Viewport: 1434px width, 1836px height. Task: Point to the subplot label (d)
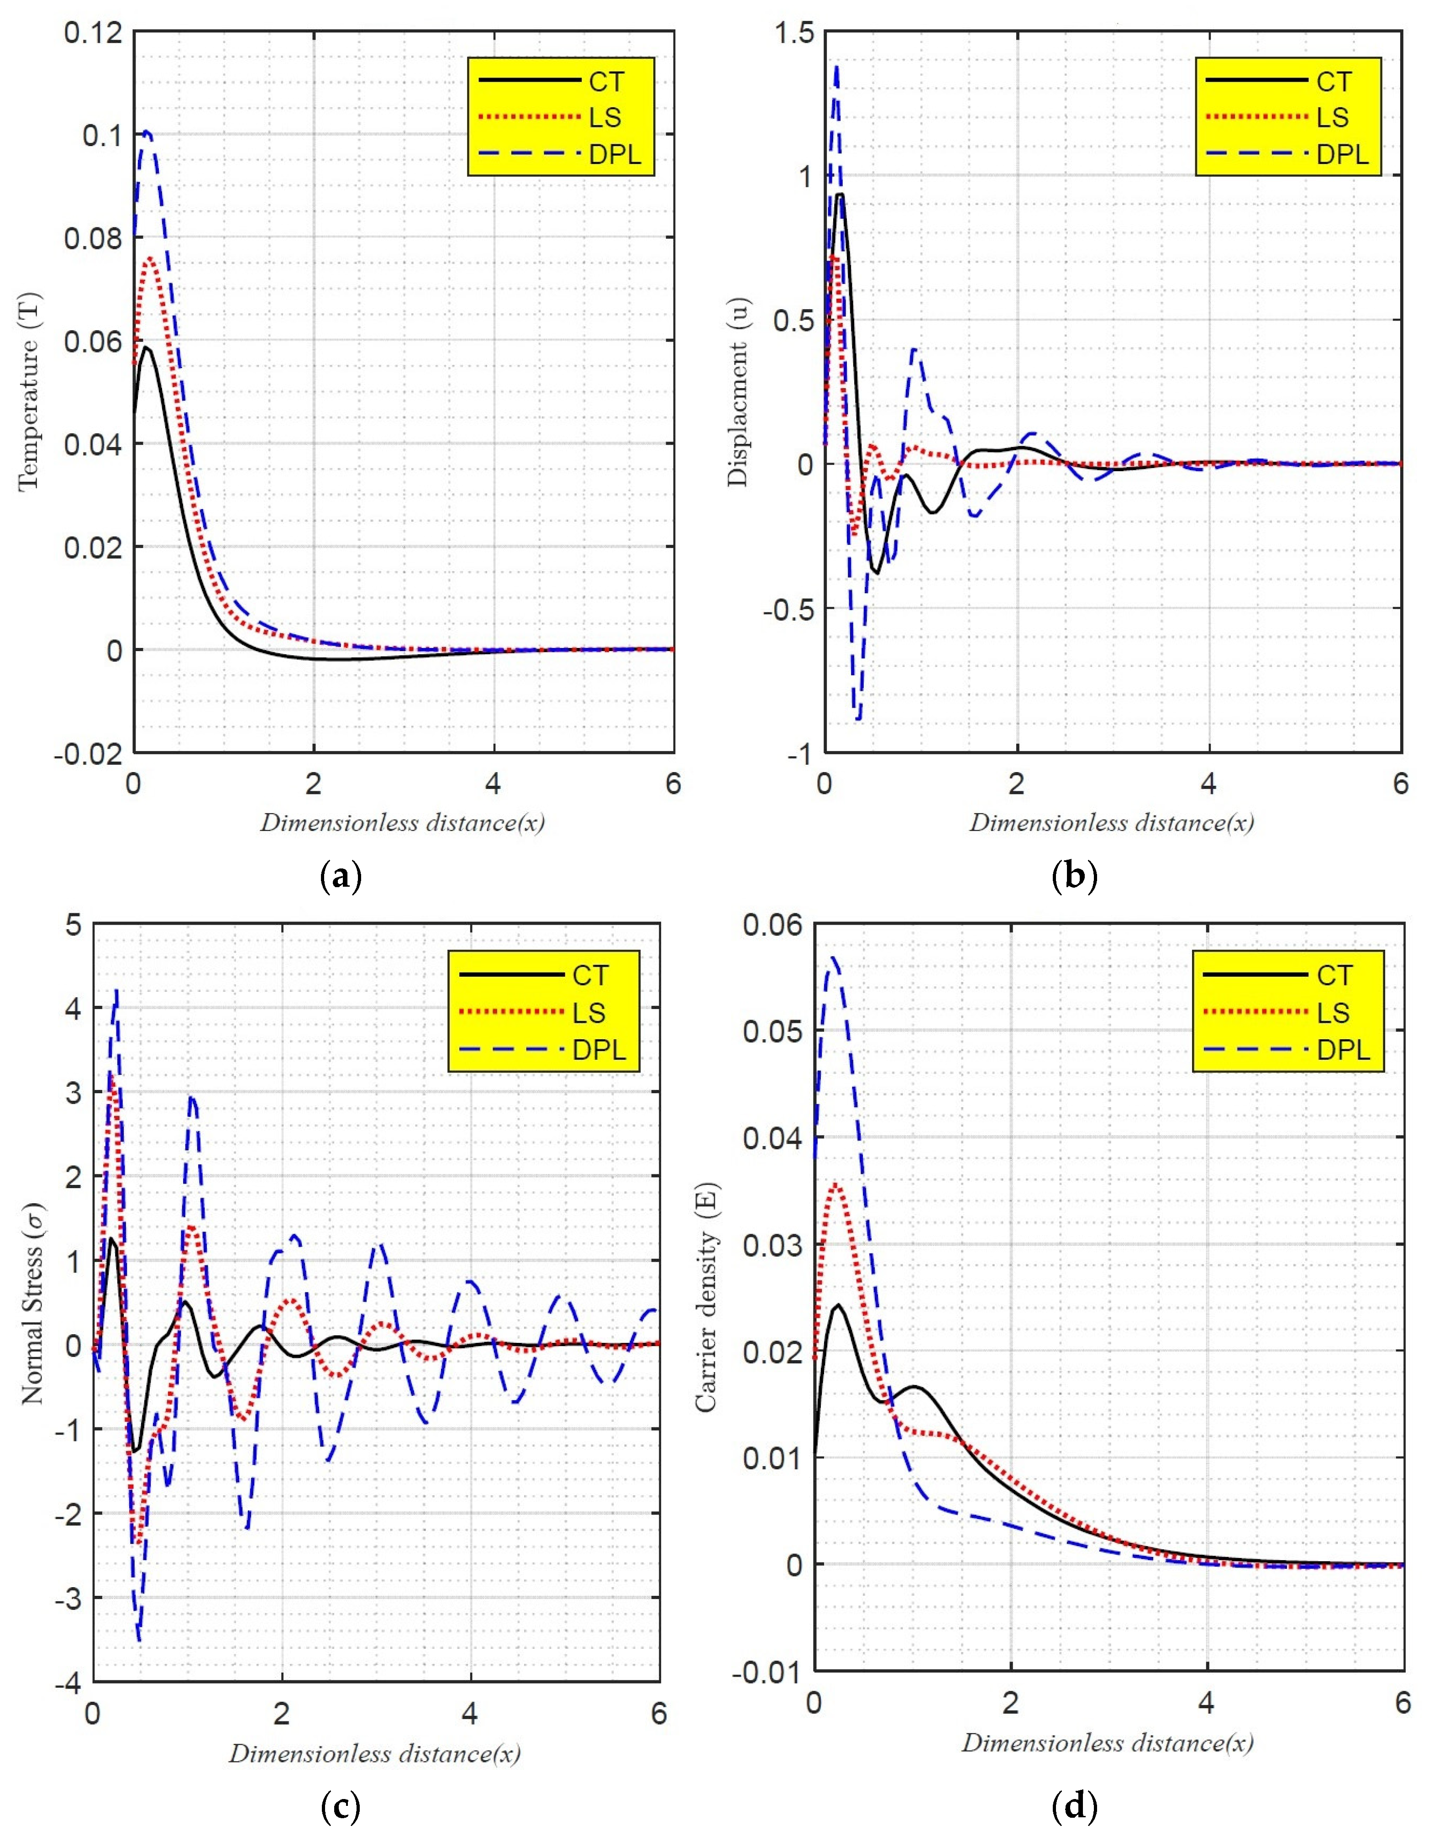pyautogui.click(x=1074, y=1803)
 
